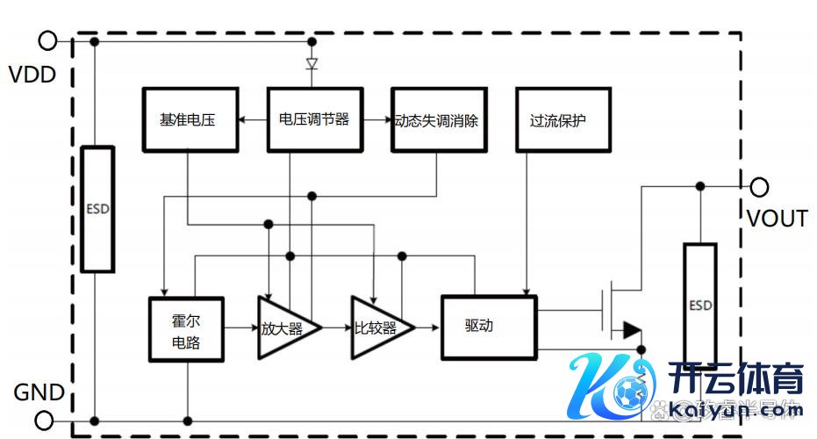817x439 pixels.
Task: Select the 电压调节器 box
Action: click(314, 120)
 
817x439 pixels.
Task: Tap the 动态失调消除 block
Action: click(438, 120)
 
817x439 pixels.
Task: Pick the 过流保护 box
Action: click(563, 120)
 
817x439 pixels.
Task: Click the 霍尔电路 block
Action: click(186, 329)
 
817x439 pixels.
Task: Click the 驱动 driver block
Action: click(488, 327)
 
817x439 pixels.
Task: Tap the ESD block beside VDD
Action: click(97, 209)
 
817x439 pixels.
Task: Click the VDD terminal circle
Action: click(48, 40)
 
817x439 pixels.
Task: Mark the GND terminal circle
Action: click(48, 420)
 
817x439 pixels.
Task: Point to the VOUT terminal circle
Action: click(760, 186)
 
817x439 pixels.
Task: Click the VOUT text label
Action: click(777, 219)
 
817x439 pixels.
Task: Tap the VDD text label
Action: click(32, 75)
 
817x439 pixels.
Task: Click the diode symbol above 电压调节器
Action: click(312, 64)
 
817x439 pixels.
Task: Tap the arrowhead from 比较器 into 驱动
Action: click(435, 328)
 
